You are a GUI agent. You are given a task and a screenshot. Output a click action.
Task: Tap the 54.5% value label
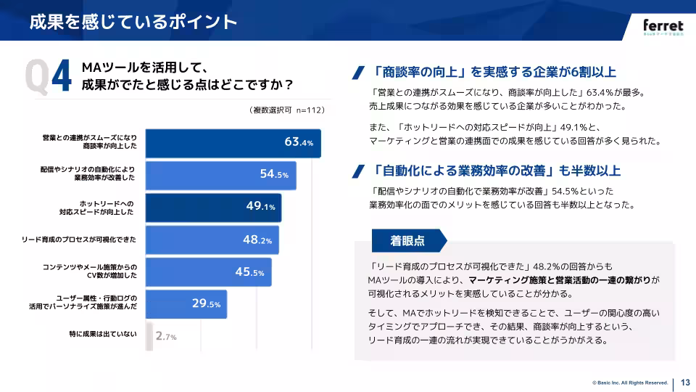[274, 174]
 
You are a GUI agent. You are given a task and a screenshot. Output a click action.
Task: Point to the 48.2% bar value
[257, 239]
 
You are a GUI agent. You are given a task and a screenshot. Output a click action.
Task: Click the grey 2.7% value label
[166, 337]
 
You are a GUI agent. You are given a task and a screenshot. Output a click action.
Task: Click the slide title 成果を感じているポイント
[133, 22]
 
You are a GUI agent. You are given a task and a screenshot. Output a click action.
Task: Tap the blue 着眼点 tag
[407, 240]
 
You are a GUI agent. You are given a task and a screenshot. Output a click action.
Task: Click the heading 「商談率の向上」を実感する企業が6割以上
[494, 72]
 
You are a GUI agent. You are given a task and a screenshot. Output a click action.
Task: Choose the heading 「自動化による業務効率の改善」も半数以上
[497, 171]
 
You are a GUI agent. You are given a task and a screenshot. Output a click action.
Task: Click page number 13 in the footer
[685, 383]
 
